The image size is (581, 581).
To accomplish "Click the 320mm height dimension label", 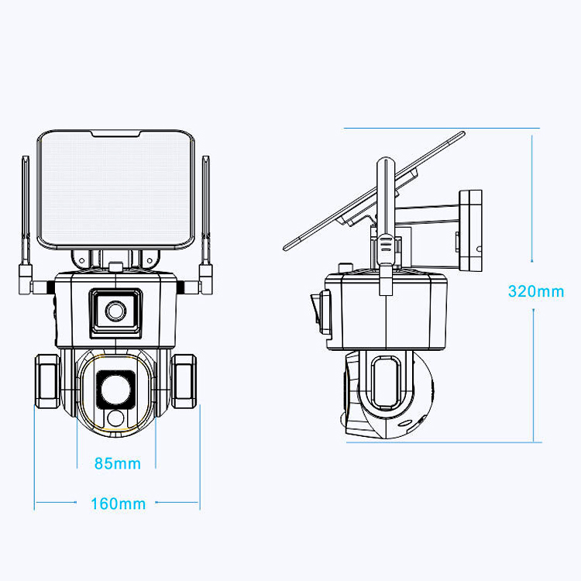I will pos(535,292).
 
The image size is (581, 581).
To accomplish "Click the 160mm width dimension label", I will pos(118,504).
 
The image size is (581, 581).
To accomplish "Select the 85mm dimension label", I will pos(117,464).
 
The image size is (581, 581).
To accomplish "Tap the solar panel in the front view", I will pos(117,190).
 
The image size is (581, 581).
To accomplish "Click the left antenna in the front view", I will pos(26,217).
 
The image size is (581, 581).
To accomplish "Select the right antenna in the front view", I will pos(207,217).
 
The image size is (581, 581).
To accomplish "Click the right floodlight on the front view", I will pos(186,380).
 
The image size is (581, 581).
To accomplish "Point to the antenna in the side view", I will pos(382,217).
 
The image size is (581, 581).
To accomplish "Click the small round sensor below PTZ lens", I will pos(116,419).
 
